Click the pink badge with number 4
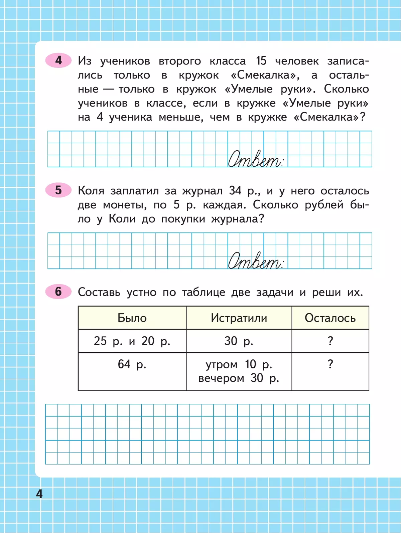click(x=58, y=60)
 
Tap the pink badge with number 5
click(x=58, y=190)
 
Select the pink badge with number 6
click(x=58, y=292)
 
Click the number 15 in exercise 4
click(x=261, y=61)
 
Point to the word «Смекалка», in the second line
click(x=265, y=75)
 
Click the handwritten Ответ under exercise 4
click(x=256, y=159)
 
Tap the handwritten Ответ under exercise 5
click(x=256, y=260)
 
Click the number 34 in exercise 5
click(x=235, y=190)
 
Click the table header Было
click(x=132, y=318)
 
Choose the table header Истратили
click(x=239, y=318)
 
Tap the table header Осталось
click(x=330, y=318)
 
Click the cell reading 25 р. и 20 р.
click(x=132, y=341)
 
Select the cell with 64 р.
click(x=132, y=364)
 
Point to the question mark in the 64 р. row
click(x=330, y=364)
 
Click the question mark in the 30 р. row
click(x=330, y=341)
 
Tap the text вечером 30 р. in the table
click(x=239, y=378)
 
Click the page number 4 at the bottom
click(x=39, y=494)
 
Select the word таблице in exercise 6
click(x=204, y=293)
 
